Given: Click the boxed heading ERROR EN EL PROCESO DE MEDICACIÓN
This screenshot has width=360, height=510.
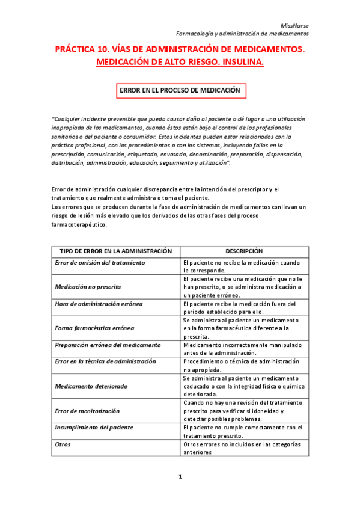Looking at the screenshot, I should [x=180, y=90].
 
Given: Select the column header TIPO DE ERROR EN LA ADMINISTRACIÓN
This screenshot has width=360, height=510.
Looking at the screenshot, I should [x=116, y=251].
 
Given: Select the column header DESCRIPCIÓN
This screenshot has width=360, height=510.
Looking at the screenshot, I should [x=245, y=251].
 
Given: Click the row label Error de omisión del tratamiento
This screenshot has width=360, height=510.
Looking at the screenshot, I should [x=100, y=263].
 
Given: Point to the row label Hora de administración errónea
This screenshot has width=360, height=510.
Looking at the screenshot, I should [x=99, y=304].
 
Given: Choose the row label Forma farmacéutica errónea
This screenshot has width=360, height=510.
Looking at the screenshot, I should [x=94, y=328].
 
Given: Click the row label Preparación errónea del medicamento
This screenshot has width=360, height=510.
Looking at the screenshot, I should [x=108, y=345].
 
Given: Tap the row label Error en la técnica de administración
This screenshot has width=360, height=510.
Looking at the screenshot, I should [x=105, y=361].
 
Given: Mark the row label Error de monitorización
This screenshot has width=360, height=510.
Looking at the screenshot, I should [x=87, y=410].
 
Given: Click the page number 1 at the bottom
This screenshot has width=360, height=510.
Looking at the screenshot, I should [x=180, y=477].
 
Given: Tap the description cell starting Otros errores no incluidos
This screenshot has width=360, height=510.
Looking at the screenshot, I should [x=243, y=448].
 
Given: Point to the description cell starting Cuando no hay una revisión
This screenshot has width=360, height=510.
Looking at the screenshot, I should [x=243, y=410].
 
